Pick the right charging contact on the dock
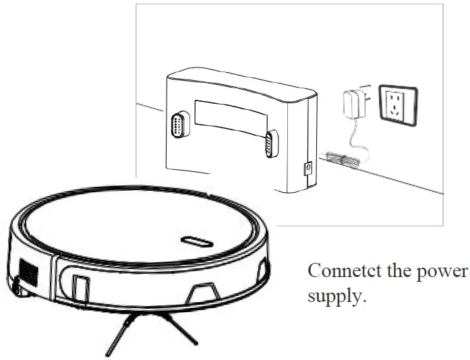coord(271,144)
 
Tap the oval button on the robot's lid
coord(194,240)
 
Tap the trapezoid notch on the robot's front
coord(204,292)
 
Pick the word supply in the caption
coord(335,296)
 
